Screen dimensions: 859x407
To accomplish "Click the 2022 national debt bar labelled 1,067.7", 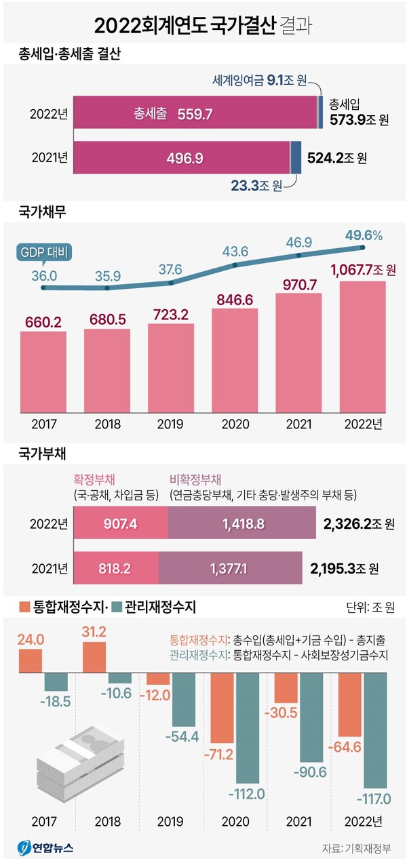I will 362,346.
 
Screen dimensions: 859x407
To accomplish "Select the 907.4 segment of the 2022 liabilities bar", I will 120,524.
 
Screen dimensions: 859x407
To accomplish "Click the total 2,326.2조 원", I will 360,524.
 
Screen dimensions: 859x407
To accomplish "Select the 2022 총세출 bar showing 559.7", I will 195,113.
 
